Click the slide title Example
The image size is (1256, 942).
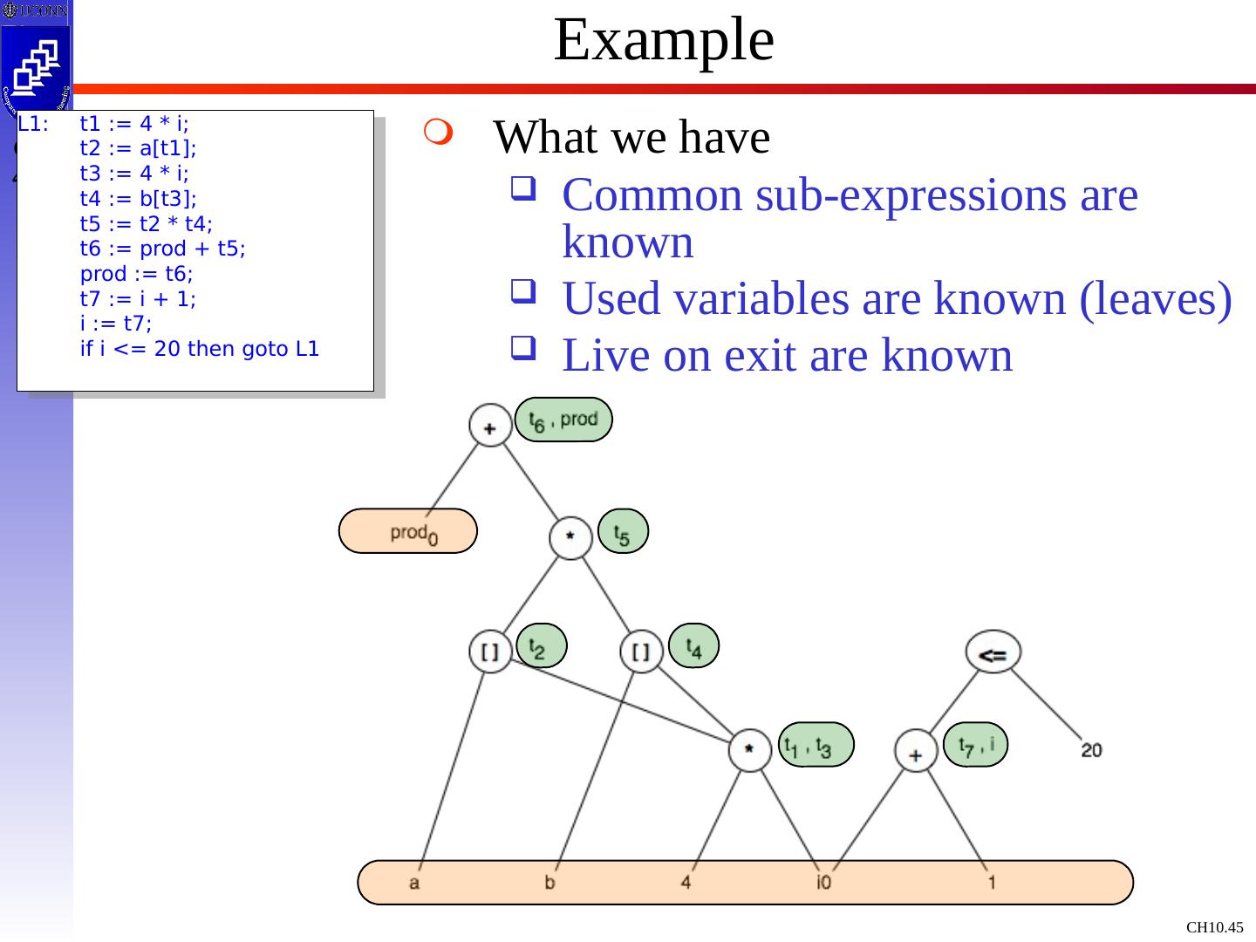[664, 40]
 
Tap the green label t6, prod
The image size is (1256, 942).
[563, 420]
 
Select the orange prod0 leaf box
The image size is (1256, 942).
[408, 531]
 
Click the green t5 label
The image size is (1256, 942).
[624, 531]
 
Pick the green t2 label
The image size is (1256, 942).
[542, 646]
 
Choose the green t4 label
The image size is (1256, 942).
[693, 646]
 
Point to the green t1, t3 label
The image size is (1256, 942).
[815, 744]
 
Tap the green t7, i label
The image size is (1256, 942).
[976, 744]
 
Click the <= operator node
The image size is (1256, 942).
[993, 652]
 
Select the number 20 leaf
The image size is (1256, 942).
[1091, 749]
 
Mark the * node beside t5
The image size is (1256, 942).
[570, 537]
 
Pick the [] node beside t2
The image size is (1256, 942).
[490, 652]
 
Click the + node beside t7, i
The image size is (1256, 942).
[916, 751]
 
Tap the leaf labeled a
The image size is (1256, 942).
[414, 883]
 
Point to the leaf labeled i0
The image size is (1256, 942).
[823, 883]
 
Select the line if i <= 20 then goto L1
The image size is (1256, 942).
[200, 350]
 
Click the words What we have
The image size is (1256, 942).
[631, 137]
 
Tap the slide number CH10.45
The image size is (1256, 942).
[1215, 928]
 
